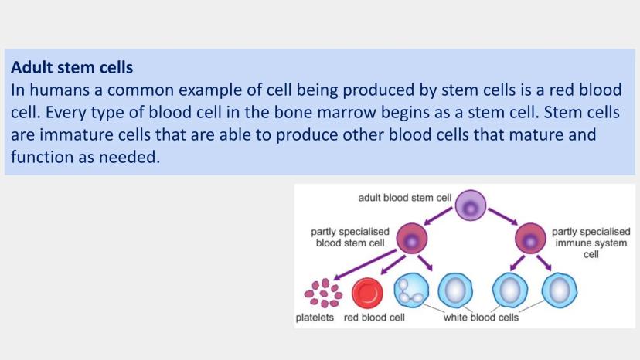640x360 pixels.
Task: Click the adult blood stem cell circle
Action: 470,205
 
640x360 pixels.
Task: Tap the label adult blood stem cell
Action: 404,198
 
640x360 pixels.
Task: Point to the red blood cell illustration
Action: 368,293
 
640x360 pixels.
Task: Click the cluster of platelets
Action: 323,294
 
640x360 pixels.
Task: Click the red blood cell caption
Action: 375,318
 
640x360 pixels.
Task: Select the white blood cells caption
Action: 480,318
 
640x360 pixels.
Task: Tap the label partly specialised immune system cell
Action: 591,242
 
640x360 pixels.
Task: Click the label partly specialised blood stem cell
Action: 345,236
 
